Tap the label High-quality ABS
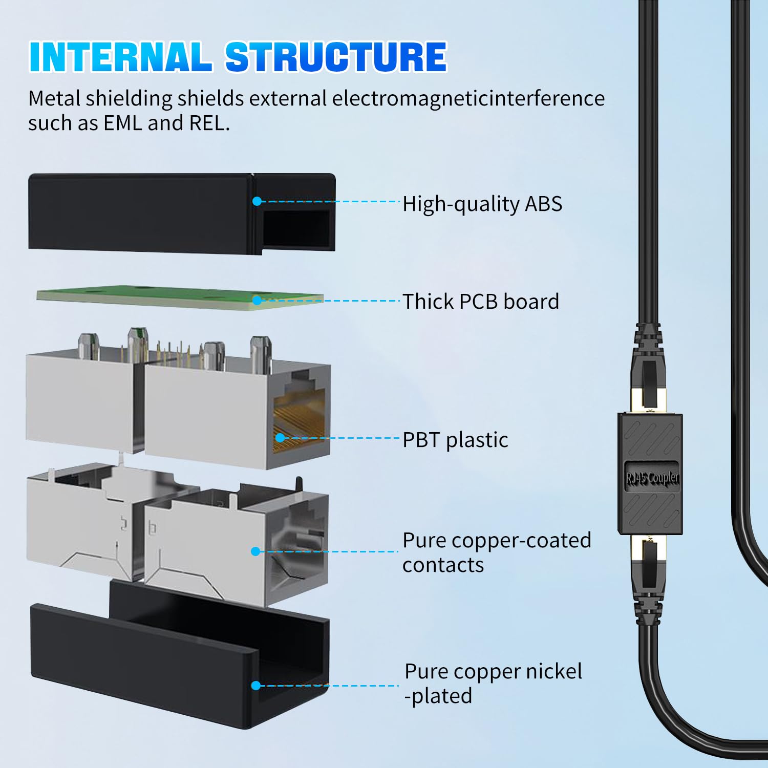[x=482, y=204]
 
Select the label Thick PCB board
[x=481, y=302]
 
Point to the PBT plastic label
[x=455, y=440]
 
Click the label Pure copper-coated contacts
[x=497, y=552]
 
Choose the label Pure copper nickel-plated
[x=493, y=684]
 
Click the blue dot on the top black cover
[x=257, y=201]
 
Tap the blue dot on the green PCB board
[x=257, y=301]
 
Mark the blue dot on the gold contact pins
[x=280, y=437]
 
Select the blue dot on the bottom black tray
[x=255, y=686]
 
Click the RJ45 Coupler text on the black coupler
[x=652, y=478]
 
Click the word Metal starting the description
[x=54, y=98]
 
